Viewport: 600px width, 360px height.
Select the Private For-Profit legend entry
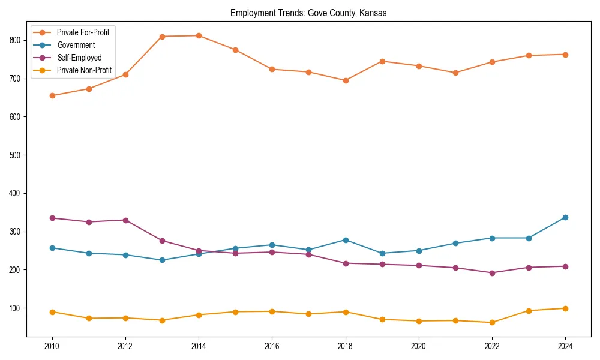(x=83, y=32)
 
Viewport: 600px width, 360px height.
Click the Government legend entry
(x=76, y=45)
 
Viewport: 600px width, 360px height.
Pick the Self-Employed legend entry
(x=79, y=58)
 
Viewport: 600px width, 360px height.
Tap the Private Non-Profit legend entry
(x=84, y=70)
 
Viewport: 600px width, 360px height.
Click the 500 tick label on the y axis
(x=16, y=155)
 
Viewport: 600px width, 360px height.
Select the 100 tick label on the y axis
(x=16, y=308)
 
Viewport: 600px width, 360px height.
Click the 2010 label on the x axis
(x=52, y=346)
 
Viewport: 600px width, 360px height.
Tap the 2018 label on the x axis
(x=345, y=346)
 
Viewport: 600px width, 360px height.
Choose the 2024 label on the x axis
(x=565, y=346)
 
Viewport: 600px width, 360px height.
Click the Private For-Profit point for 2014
(x=199, y=35)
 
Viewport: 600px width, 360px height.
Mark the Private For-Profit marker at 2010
(x=52, y=95)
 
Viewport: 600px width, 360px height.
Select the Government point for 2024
(x=565, y=217)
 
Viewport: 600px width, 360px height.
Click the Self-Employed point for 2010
(x=52, y=218)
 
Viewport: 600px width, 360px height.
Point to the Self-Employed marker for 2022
(x=491, y=273)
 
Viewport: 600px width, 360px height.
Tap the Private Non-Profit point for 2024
(x=565, y=308)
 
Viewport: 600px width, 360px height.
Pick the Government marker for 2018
(x=345, y=240)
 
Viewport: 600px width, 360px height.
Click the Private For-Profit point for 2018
(x=345, y=80)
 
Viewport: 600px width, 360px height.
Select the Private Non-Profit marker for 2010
(x=52, y=312)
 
